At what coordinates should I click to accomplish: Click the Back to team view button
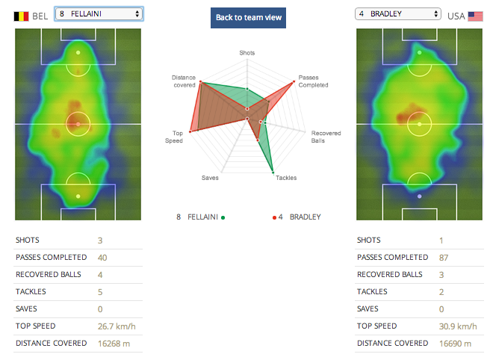click(248, 17)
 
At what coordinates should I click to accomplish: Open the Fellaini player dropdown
click(99, 13)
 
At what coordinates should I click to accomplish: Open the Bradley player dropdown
click(398, 13)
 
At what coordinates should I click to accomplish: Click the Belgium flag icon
click(22, 15)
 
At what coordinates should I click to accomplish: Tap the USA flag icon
click(475, 15)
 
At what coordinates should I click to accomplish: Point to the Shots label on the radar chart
click(246, 53)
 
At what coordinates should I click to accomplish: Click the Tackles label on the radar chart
click(286, 178)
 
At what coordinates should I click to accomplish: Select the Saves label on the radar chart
click(211, 178)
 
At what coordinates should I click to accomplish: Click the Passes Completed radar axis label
click(308, 81)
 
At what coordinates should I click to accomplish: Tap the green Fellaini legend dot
click(223, 217)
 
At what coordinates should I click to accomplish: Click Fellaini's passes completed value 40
click(102, 258)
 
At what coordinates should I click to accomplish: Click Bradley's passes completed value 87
click(444, 258)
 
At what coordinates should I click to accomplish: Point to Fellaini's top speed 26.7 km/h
click(113, 326)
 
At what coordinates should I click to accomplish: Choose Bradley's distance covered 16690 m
click(454, 344)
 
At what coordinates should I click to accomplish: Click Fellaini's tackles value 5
click(100, 292)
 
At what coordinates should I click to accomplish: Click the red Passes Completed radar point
click(291, 82)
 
